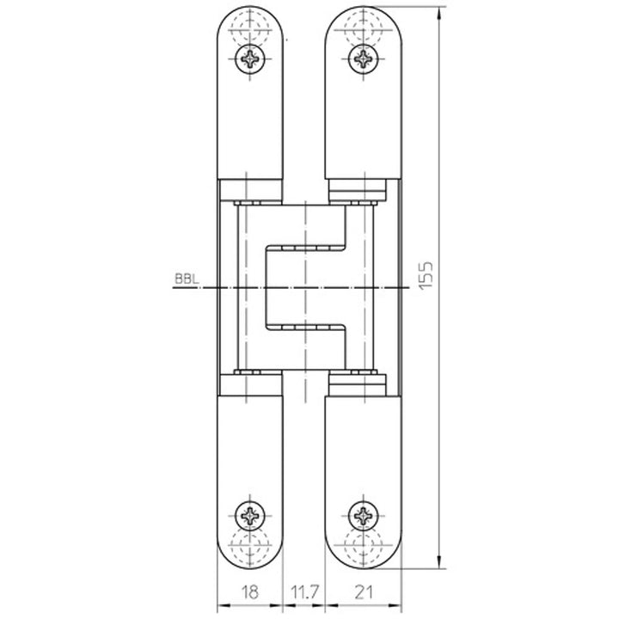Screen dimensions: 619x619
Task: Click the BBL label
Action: [x=185, y=279]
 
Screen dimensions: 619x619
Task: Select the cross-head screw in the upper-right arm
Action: [x=364, y=58]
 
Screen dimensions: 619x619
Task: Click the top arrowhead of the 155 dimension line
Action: [x=438, y=12]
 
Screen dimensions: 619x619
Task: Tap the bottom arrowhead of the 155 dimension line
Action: [x=438, y=555]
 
